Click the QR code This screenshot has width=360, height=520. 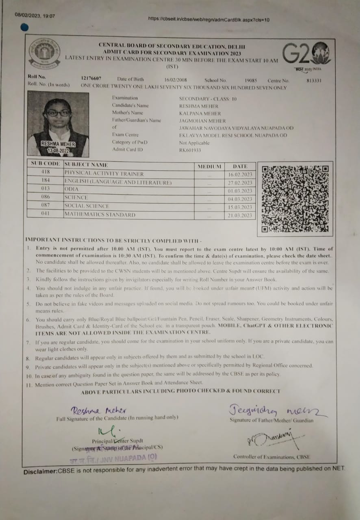click(x=295, y=198)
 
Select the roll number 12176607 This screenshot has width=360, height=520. click(x=91, y=79)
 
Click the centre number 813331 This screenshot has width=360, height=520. click(x=314, y=80)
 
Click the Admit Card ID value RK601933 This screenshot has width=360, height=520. click(x=190, y=150)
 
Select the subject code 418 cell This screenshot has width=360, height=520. click(x=46, y=172)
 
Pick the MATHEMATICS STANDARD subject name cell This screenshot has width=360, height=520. click(x=100, y=214)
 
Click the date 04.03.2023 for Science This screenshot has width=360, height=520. click(x=240, y=199)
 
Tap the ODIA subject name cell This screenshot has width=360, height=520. click(x=72, y=189)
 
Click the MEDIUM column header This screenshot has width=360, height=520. click(x=209, y=166)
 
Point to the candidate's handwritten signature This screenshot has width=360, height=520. click(x=99, y=410)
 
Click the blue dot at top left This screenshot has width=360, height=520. click(x=24, y=28)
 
